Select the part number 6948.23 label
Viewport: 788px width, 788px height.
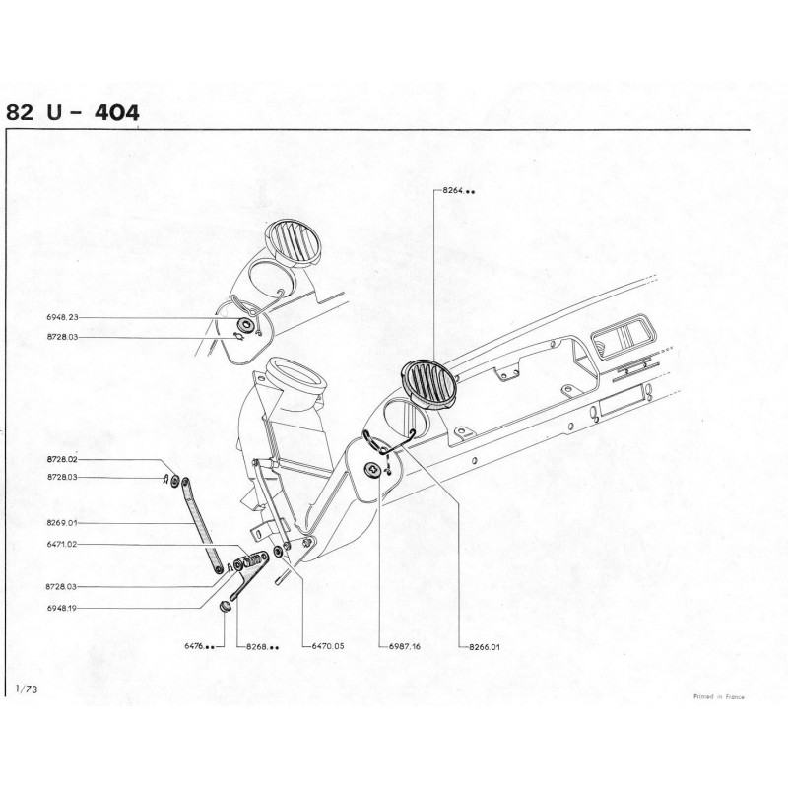(62, 317)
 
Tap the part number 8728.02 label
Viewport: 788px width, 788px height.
(62, 459)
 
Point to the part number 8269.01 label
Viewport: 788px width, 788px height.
(62, 523)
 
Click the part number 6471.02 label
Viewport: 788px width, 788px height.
(62, 545)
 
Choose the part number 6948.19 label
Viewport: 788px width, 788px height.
(62, 608)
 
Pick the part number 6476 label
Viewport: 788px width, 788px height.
(200, 646)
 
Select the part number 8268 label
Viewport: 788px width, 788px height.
(262, 647)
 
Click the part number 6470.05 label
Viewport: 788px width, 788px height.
(328, 646)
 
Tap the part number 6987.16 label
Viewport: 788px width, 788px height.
(405, 647)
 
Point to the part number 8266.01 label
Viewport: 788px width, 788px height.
(485, 647)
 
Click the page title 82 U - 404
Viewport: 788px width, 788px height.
(72, 112)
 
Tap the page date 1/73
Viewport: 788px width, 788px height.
(27, 689)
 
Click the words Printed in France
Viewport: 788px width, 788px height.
(719, 697)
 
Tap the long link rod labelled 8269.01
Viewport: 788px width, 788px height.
(202, 526)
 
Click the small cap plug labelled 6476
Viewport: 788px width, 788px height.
(225, 606)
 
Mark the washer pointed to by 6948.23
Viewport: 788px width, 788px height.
(247, 324)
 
